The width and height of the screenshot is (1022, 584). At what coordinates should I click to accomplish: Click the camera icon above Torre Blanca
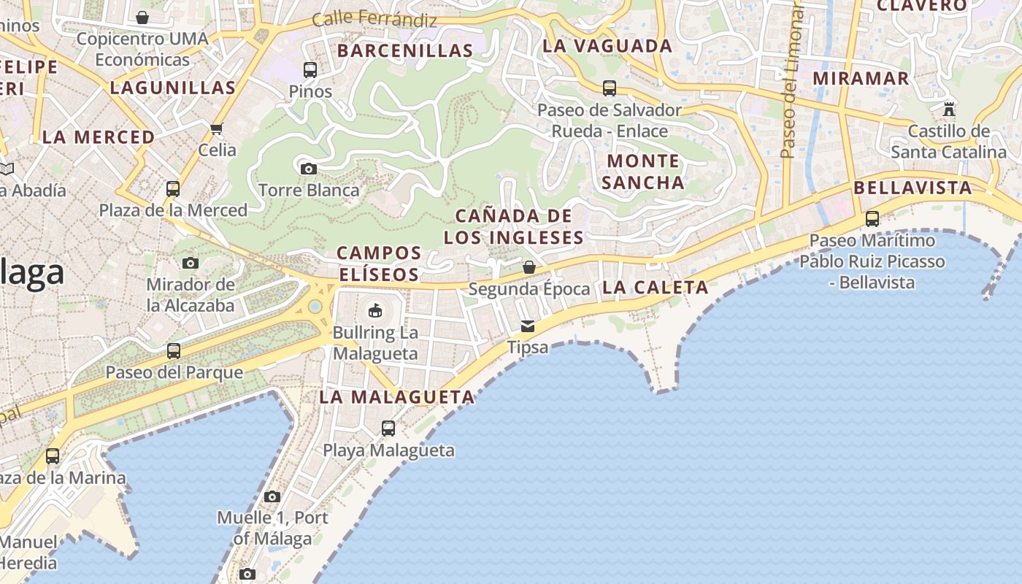coord(309,169)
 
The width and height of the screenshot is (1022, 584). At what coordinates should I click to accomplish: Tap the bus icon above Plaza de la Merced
coord(173,189)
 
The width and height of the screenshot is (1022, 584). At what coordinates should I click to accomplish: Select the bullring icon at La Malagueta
coord(374,310)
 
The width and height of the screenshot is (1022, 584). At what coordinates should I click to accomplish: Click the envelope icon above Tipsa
coord(527,326)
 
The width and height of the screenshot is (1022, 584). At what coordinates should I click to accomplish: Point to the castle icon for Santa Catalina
coord(949,109)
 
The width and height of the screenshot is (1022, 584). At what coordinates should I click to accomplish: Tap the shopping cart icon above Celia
coord(216,129)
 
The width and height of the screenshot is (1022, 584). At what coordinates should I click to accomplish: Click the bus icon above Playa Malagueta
coord(388,429)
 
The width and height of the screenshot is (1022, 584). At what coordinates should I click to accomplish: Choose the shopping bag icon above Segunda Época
coord(529,267)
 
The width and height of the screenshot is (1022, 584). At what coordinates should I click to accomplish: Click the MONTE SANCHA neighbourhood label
coord(643,171)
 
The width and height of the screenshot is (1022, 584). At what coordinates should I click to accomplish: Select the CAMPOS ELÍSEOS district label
coord(379,264)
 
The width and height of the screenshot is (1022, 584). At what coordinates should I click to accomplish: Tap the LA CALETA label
coord(655,287)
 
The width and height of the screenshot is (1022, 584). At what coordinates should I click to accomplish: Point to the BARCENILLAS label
coord(405,50)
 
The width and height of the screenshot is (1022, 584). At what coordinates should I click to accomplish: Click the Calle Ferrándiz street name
coord(374,20)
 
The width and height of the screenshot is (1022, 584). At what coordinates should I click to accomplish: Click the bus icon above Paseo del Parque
coord(174,351)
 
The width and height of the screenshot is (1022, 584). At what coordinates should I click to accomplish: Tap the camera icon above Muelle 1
coord(272,496)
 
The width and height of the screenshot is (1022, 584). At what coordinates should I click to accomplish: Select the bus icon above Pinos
coord(310,70)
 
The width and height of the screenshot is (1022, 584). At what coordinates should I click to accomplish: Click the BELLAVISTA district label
coord(912,188)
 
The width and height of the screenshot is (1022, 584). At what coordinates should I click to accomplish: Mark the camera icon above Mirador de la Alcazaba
coord(191,263)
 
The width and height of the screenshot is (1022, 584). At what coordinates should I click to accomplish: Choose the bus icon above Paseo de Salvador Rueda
coord(610,88)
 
